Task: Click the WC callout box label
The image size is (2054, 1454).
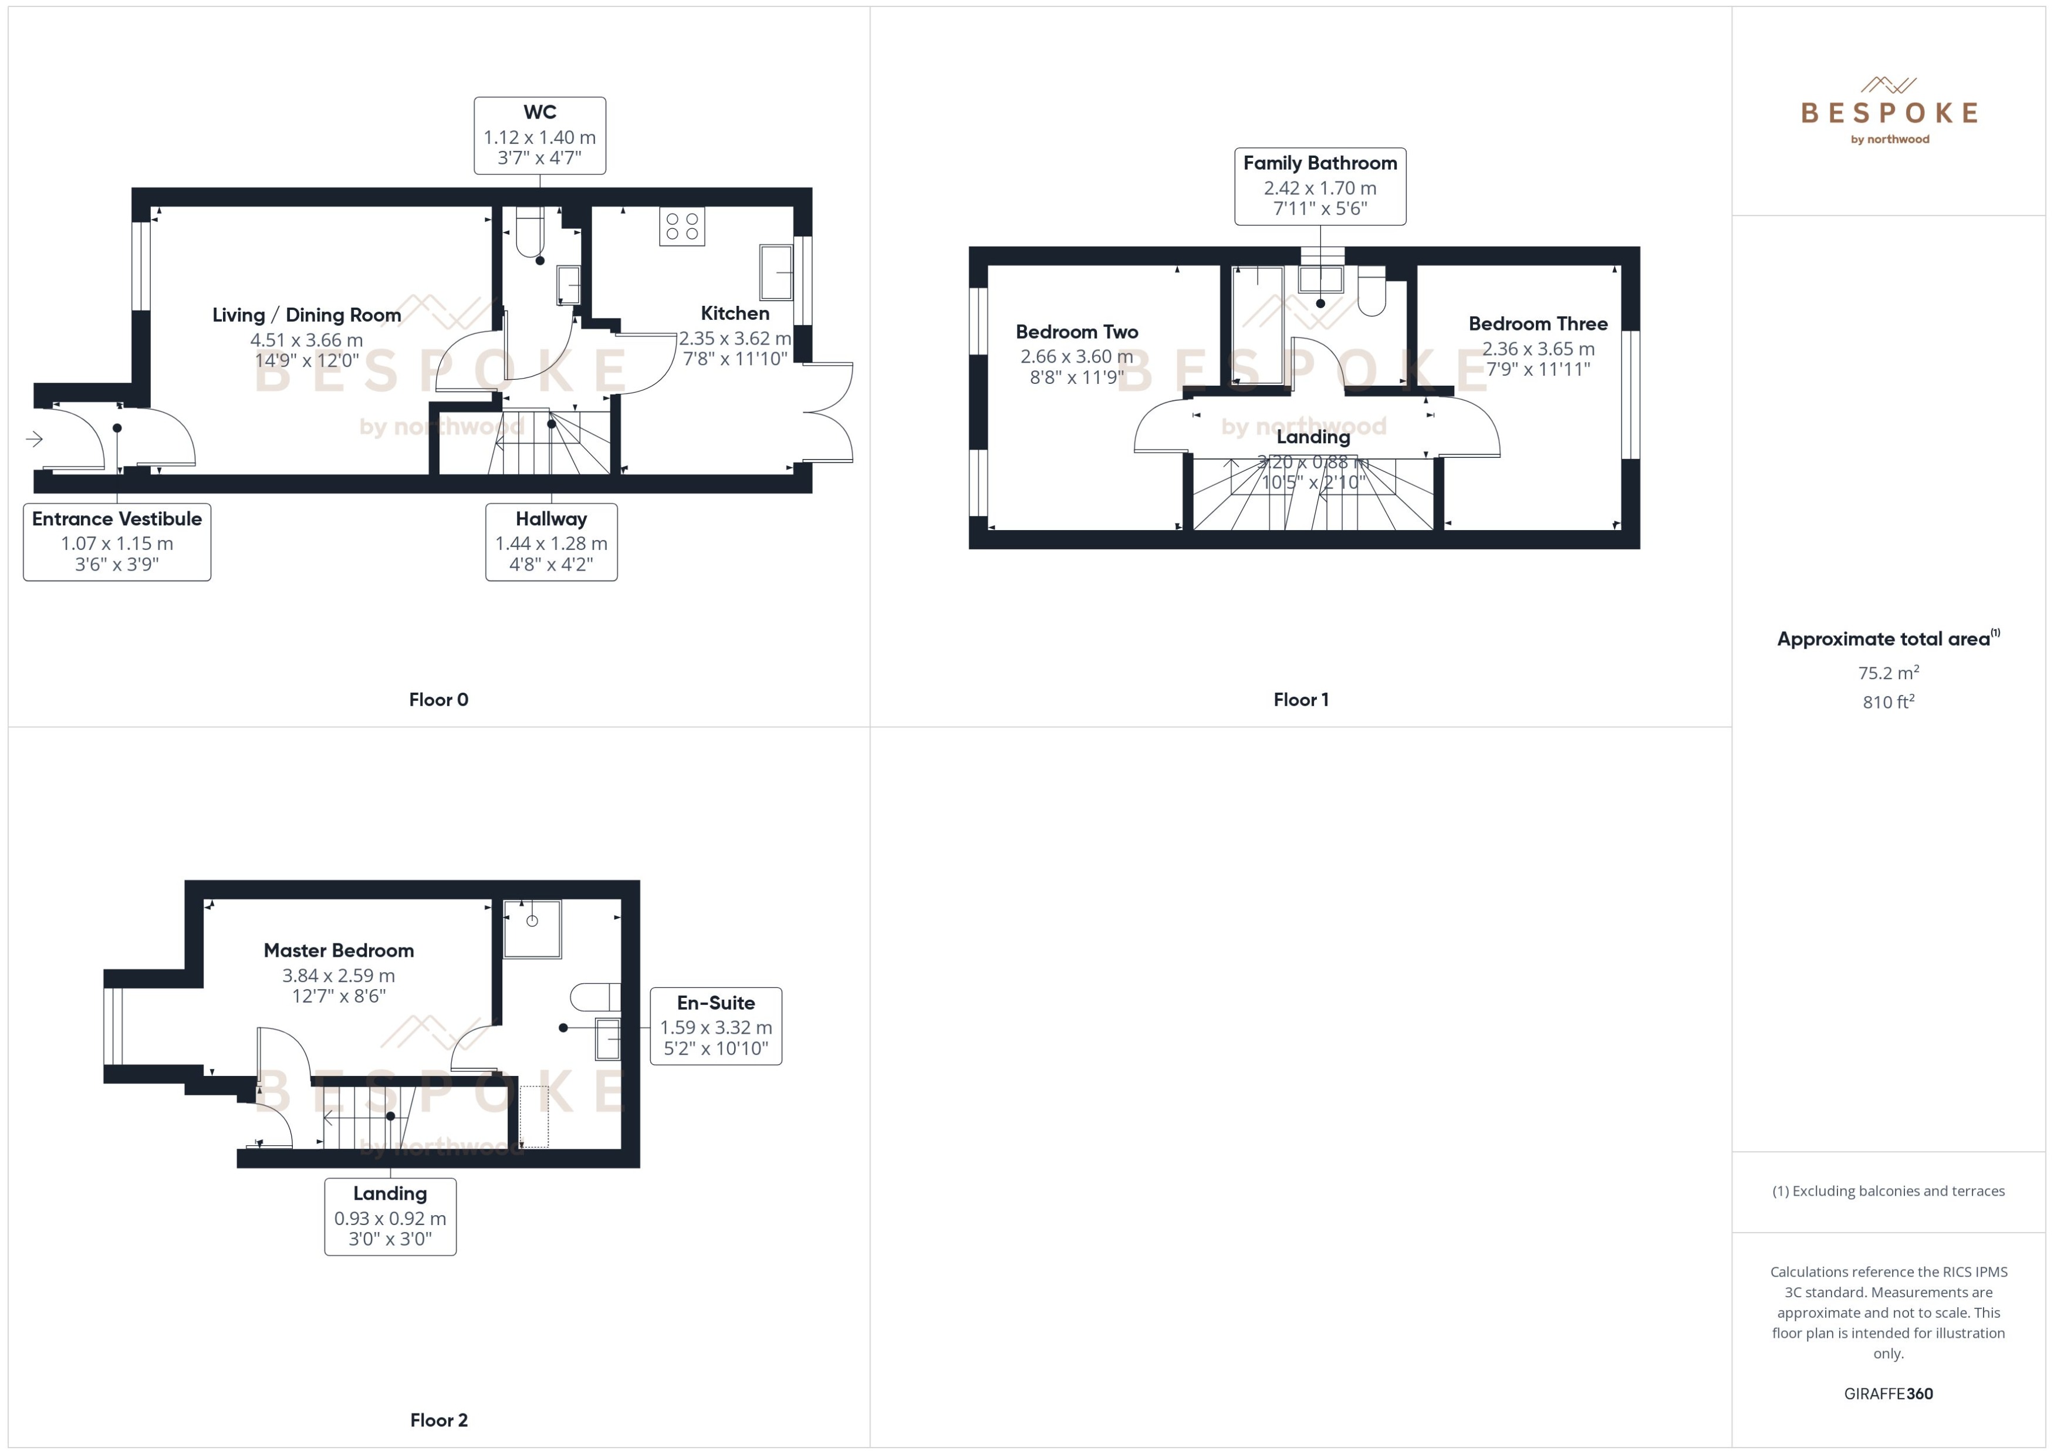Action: (540, 135)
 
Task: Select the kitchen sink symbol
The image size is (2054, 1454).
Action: (776, 271)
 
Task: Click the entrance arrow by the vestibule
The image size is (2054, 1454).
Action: (34, 438)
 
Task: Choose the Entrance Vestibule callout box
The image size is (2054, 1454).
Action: (117, 542)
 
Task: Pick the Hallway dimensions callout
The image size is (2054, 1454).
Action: (551, 542)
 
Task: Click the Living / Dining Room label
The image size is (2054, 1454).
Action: (306, 315)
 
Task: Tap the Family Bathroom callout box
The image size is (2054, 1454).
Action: (1320, 186)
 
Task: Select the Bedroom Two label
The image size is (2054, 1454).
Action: (1077, 332)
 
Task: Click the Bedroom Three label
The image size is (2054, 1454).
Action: (1538, 324)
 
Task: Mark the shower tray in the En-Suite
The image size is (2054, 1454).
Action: (532, 929)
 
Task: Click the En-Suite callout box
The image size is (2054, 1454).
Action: (716, 1026)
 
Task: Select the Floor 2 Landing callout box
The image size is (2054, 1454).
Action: (390, 1216)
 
